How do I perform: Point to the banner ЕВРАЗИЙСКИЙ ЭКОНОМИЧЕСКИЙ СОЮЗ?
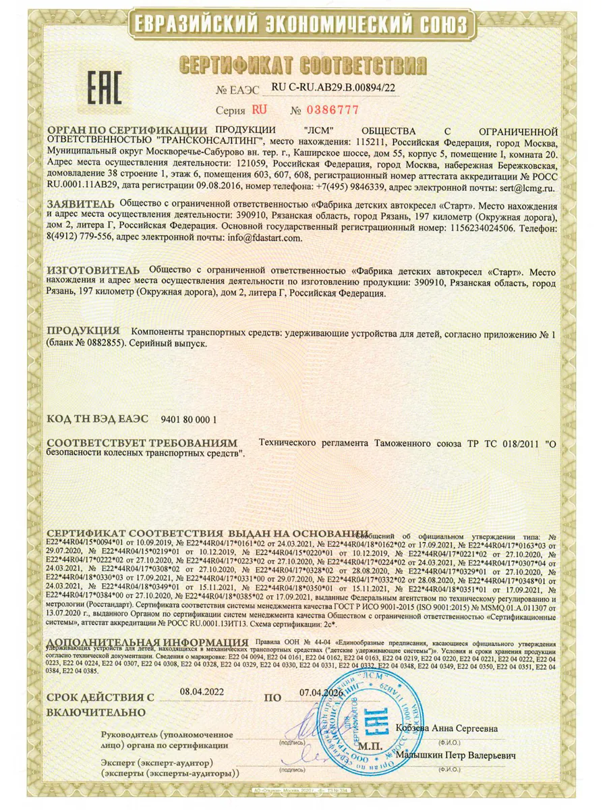(x=303, y=26)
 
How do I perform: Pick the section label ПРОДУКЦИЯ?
(x=83, y=331)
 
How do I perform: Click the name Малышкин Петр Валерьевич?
(x=456, y=755)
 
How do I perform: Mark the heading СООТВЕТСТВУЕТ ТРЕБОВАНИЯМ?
(x=142, y=443)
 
